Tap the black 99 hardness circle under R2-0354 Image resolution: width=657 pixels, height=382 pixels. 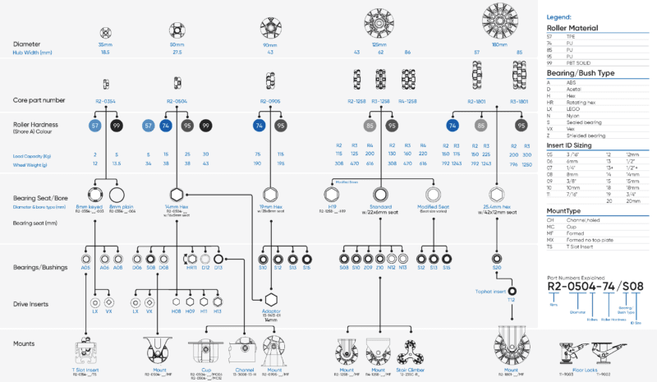(x=117, y=126)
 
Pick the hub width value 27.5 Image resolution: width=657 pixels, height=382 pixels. (x=177, y=52)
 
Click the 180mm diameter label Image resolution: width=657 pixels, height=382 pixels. (x=499, y=44)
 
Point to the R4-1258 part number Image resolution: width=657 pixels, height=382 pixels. (x=407, y=103)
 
